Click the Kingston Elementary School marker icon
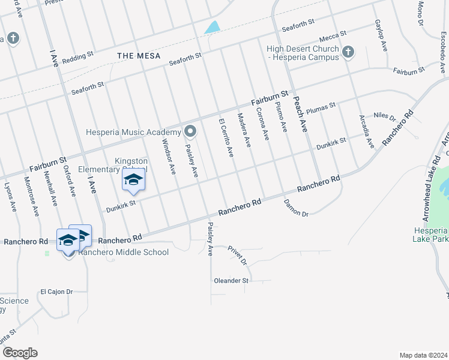(133, 180)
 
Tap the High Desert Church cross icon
(347, 53)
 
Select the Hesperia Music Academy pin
(190, 131)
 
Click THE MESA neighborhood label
(139, 56)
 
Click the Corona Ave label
(262, 124)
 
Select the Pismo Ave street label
(280, 118)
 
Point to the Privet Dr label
(237, 255)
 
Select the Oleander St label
(231, 281)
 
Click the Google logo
(20, 353)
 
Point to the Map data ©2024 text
(423, 355)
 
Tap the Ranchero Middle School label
(124, 253)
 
